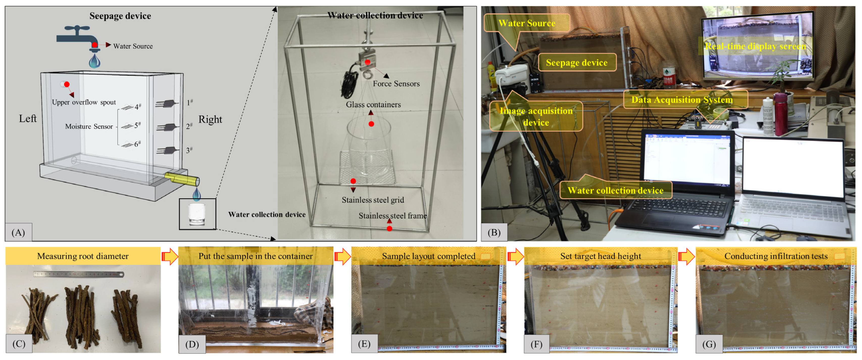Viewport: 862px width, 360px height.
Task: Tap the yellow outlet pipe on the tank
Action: [x=182, y=179]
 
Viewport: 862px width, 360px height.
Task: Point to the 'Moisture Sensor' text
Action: [x=89, y=126]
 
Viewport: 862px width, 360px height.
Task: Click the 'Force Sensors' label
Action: [x=396, y=84]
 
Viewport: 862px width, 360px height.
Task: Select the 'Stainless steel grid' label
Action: [x=373, y=200]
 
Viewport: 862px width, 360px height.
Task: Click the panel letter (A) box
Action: [x=18, y=232]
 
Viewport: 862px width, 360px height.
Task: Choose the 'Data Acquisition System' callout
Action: [x=682, y=100]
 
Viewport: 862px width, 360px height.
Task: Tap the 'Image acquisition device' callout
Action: [x=536, y=116]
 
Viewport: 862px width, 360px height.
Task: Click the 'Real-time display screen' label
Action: [x=755, y=46]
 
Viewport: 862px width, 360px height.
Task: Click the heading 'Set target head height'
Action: [x=600, y=256]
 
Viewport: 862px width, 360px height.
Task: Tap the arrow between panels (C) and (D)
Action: [x=170, y=256]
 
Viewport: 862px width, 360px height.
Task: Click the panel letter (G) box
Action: [x=709, y=344]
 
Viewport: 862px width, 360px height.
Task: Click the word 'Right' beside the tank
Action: [x=210, y=119]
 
